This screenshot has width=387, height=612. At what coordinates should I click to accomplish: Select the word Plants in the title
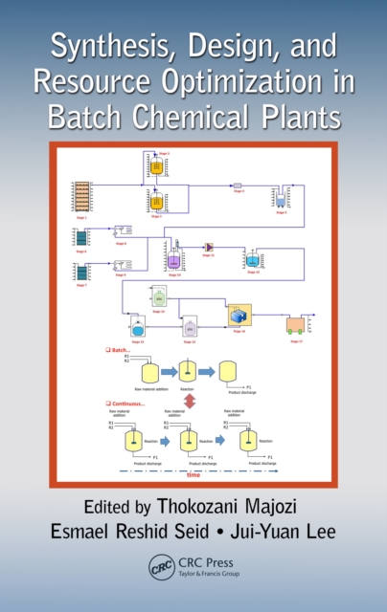click(x=293, y=119)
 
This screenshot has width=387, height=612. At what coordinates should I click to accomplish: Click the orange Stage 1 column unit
click(x=81, y=196)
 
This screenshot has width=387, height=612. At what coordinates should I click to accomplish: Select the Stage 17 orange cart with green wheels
click(x=296, y=324)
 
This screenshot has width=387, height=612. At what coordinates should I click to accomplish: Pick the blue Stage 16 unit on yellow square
click(x=239, y=317)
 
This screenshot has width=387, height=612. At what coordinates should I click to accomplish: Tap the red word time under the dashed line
click(x=194, y=474)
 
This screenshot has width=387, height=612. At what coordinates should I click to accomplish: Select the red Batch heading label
click(x=118, y=351)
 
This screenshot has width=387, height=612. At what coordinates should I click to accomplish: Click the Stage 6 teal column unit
click(x=81, y=237)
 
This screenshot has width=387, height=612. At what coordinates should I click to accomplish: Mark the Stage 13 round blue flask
click(x=137, y=328)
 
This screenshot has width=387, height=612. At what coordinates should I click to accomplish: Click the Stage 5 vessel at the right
click(x=281, y=199)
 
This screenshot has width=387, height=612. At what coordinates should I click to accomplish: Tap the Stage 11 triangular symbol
click(x=209, y=247)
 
